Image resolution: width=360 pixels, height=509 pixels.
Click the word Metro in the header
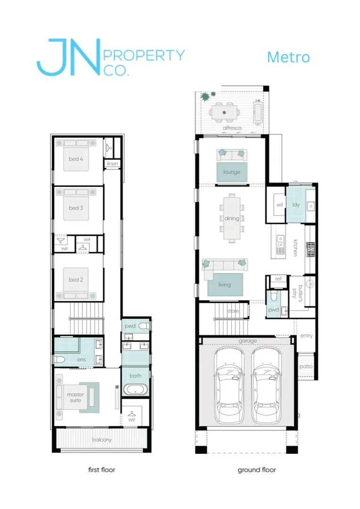point(288,57)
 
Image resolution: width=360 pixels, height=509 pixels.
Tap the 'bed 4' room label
point(76,159)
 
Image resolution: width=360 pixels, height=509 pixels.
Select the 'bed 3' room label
point(76,208)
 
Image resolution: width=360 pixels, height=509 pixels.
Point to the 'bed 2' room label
point(76,280)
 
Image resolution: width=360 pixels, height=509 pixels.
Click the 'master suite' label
point(75,397)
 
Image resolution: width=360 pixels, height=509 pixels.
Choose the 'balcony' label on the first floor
point(102,440)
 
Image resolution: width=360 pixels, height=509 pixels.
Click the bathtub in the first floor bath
point(136,389)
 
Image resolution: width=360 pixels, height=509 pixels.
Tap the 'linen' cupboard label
point(112,164)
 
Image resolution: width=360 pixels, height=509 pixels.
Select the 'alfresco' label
point(232,128)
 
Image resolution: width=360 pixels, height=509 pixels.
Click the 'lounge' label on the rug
point(232,172)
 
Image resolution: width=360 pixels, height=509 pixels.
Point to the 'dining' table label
point(232,219)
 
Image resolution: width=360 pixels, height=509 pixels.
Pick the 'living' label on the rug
point(225,285)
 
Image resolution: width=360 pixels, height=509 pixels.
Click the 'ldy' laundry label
point(296,205)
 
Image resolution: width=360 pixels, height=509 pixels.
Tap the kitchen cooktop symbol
point(311,249)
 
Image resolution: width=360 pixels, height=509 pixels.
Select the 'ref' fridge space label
point(278,279)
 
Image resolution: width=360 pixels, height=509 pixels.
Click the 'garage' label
point(248,341)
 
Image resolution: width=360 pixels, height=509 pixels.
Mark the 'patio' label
point(306,367)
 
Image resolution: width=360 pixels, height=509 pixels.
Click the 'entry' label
point(306,336)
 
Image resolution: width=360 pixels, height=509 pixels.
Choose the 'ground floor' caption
point(256,470)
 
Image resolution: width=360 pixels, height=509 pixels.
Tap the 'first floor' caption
point(102,470)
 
